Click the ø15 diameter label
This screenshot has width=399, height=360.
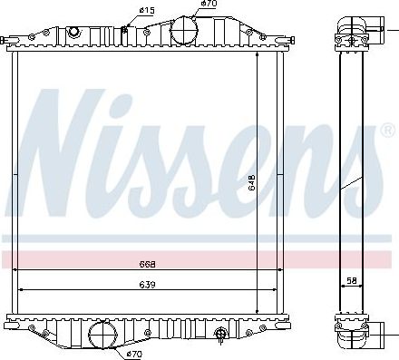pos(146,10)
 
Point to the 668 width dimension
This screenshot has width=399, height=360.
pos(148,265)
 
